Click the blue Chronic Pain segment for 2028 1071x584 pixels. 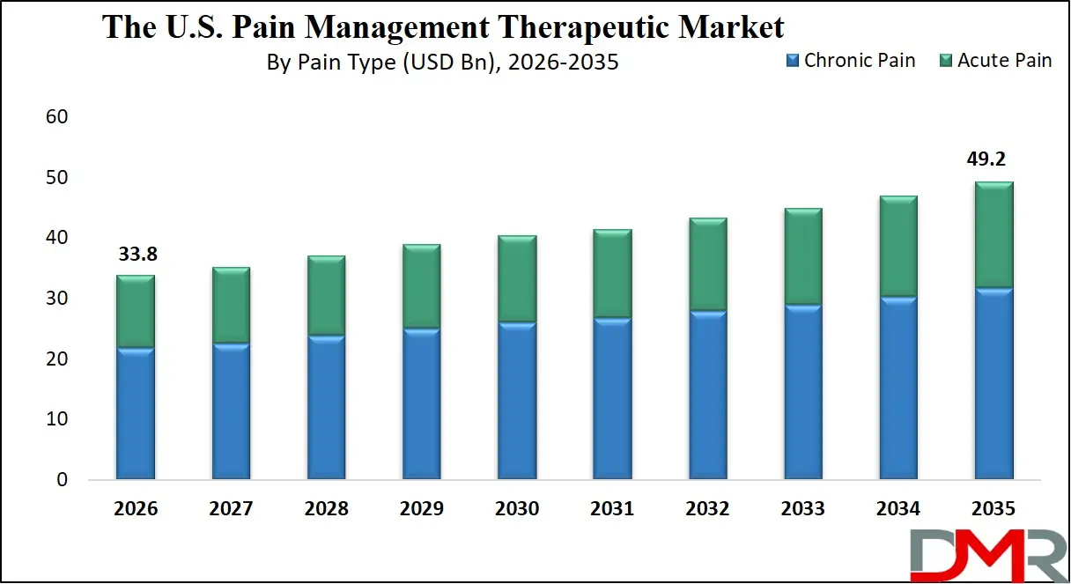point(326,408)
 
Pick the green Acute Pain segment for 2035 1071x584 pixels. point(993,235)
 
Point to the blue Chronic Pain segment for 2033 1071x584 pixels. point(803,393)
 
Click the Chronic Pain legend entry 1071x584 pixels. point(850,61)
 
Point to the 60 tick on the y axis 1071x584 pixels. point(55,117)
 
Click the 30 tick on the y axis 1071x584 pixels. point(55,299)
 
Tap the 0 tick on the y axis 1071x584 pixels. point(61,480)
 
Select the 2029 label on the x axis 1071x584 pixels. point(421,509)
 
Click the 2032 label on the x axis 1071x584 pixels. point(707,509)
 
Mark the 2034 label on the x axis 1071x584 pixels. point(898,509)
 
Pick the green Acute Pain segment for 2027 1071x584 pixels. point(230,306)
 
